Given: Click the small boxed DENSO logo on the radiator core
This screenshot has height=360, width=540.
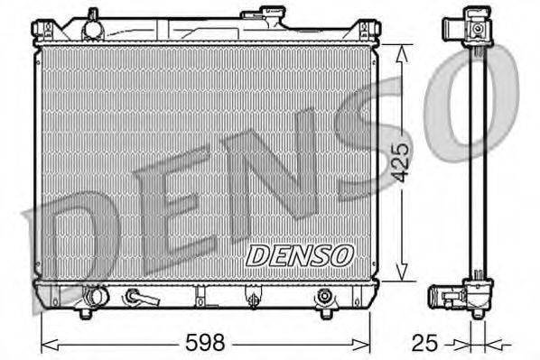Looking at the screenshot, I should (300, 255).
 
